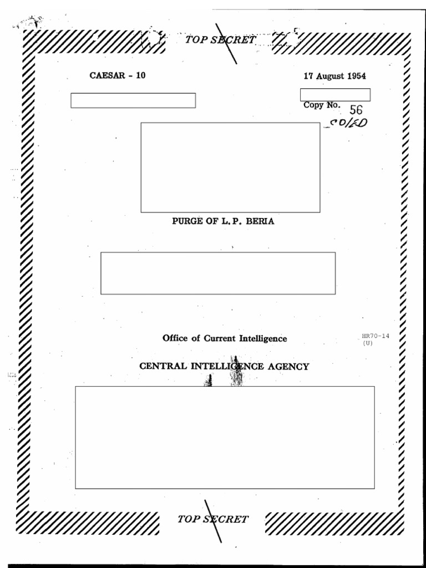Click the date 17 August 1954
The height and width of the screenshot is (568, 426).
click(334, 77)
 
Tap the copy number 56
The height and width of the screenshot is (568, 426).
click(356, 110)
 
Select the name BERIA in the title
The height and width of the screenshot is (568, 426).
click(260, 221)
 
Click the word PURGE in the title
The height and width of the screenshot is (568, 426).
click(186, 221)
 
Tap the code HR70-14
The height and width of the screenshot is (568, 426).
click(374, 336)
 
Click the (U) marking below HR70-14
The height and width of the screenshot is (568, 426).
click(368, 343)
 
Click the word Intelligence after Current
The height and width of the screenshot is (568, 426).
click(263, 338)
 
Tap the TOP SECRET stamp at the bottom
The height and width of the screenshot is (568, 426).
click(213, 519)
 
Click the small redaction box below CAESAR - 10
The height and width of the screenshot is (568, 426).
click(133, 100)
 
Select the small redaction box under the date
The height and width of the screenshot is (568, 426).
click(335, 95)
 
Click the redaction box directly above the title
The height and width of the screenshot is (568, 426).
click(230, 168)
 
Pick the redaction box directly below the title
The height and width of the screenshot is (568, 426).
click(218, 273)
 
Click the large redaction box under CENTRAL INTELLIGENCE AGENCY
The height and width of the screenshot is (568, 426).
click(225, 438)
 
